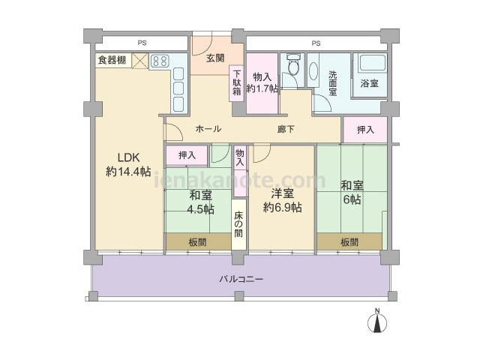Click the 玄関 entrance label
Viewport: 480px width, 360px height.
(x=215, y=58)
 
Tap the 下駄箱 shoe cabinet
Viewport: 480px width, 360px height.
(x=237, y=83)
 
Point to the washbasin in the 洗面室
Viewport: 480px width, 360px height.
(x=313, y=71)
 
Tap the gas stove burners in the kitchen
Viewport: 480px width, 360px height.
(x=160, y=61)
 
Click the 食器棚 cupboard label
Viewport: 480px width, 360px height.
(x=112, y=60)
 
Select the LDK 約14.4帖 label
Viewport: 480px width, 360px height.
(x=128, y=165)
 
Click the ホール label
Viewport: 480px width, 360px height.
(x=208, y=128)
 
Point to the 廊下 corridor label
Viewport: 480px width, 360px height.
(x=286, y=130)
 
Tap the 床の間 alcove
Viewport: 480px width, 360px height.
(x=238, y=225)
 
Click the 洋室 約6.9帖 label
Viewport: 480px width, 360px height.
(x=282, y=200)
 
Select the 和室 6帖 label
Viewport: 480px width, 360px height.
(x=352, y=192)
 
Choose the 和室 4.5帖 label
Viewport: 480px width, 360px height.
(x=200, y=202)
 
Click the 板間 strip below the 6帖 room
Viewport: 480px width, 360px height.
(x=349, y=242)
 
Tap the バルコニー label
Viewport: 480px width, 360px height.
(x=241, y=279)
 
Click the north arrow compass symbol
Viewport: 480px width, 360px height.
(x=377, y=321)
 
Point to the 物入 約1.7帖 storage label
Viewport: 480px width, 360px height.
(x=262, y=82)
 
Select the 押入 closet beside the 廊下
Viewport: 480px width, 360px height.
(x=365, y=130)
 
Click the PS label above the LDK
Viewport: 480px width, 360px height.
(x=142, y=43)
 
